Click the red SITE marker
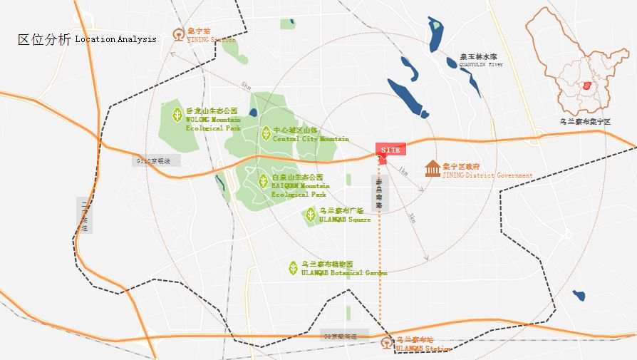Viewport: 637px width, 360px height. pos(390,150)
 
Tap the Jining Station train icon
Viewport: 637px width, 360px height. pos(178,34)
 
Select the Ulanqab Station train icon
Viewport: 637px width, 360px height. pos(386,343)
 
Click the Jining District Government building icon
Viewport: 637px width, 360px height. pos(432,170)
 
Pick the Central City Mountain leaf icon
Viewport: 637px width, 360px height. pos(265,133)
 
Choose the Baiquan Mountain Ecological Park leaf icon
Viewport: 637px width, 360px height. pos(262,180)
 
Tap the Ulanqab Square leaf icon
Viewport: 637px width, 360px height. pos(310,214)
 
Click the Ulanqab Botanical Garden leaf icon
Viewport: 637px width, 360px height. pos(293,268)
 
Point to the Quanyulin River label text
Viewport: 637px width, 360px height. pos(481,60)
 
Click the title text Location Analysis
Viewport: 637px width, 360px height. pos(115,39)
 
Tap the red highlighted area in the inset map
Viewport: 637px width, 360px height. pos(587,86)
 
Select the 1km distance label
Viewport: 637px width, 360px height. pos(404,172)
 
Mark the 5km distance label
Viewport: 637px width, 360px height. pos(246,86)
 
